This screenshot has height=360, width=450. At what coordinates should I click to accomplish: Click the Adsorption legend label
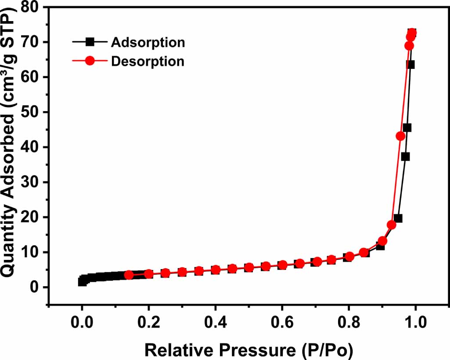[x=148, y=43]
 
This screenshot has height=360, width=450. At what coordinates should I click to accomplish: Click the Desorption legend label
[x=148, y=61]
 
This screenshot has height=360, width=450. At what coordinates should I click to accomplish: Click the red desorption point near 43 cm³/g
[x=400, y=136]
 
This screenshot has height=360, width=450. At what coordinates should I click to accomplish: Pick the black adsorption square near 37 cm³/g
[x=405, y=157]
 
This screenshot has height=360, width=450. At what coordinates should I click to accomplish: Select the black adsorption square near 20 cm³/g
[x=398, y=218]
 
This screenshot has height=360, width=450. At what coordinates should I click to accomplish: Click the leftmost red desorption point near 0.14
[x=129, y=275]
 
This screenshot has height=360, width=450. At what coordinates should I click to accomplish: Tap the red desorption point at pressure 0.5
[x=249, y=268]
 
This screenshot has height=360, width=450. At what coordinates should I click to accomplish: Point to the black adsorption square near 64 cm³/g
[x=410, y=65]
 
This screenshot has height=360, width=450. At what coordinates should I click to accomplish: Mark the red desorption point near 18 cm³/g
[x=391, y=225]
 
